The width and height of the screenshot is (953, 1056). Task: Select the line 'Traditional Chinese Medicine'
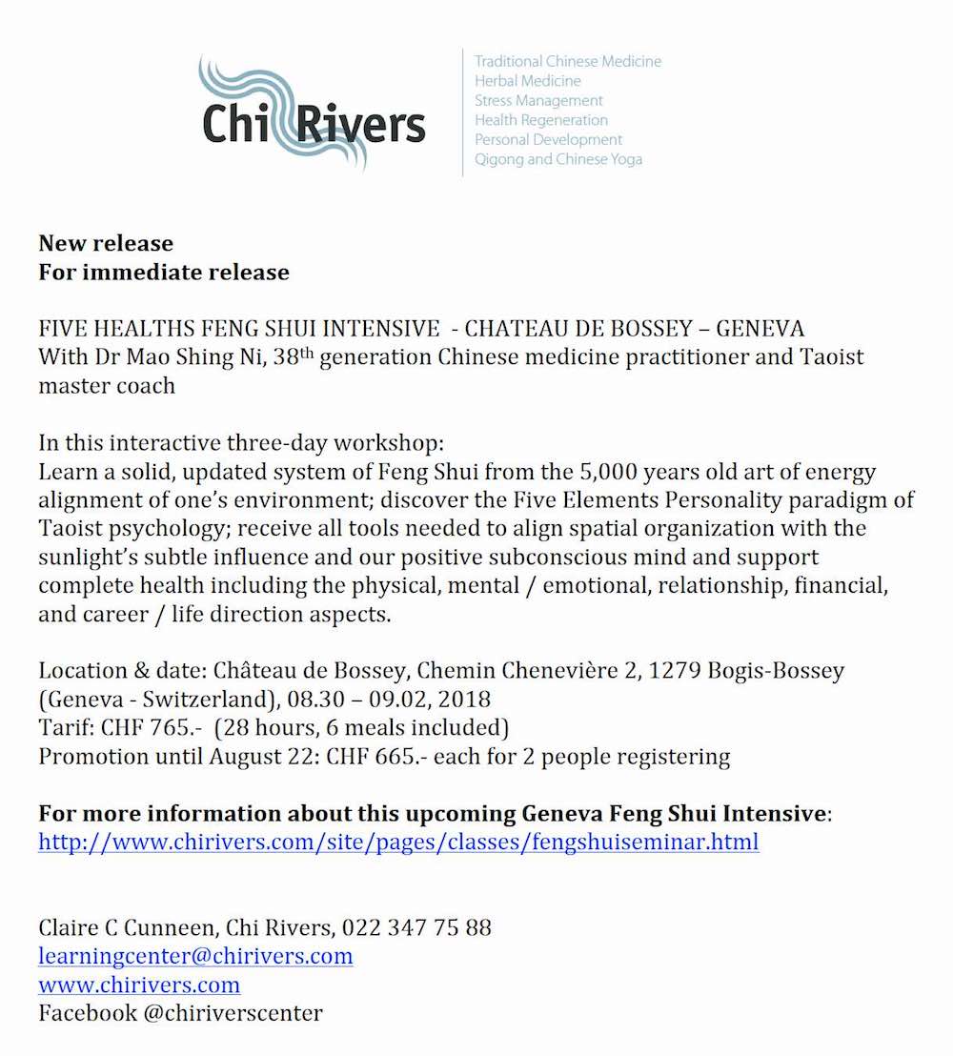568,61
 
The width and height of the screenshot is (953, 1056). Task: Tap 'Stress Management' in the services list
538,100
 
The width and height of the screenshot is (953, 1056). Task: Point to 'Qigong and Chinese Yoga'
558,159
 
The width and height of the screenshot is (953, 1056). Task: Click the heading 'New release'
106,243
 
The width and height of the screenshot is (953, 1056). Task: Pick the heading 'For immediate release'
164,273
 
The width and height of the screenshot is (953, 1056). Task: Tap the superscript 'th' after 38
305,352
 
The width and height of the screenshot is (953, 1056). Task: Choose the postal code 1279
674,671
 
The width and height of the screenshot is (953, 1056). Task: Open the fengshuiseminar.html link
398,843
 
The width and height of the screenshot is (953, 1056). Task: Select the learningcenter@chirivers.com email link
195,955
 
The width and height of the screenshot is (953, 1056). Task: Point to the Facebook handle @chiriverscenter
233,1013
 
